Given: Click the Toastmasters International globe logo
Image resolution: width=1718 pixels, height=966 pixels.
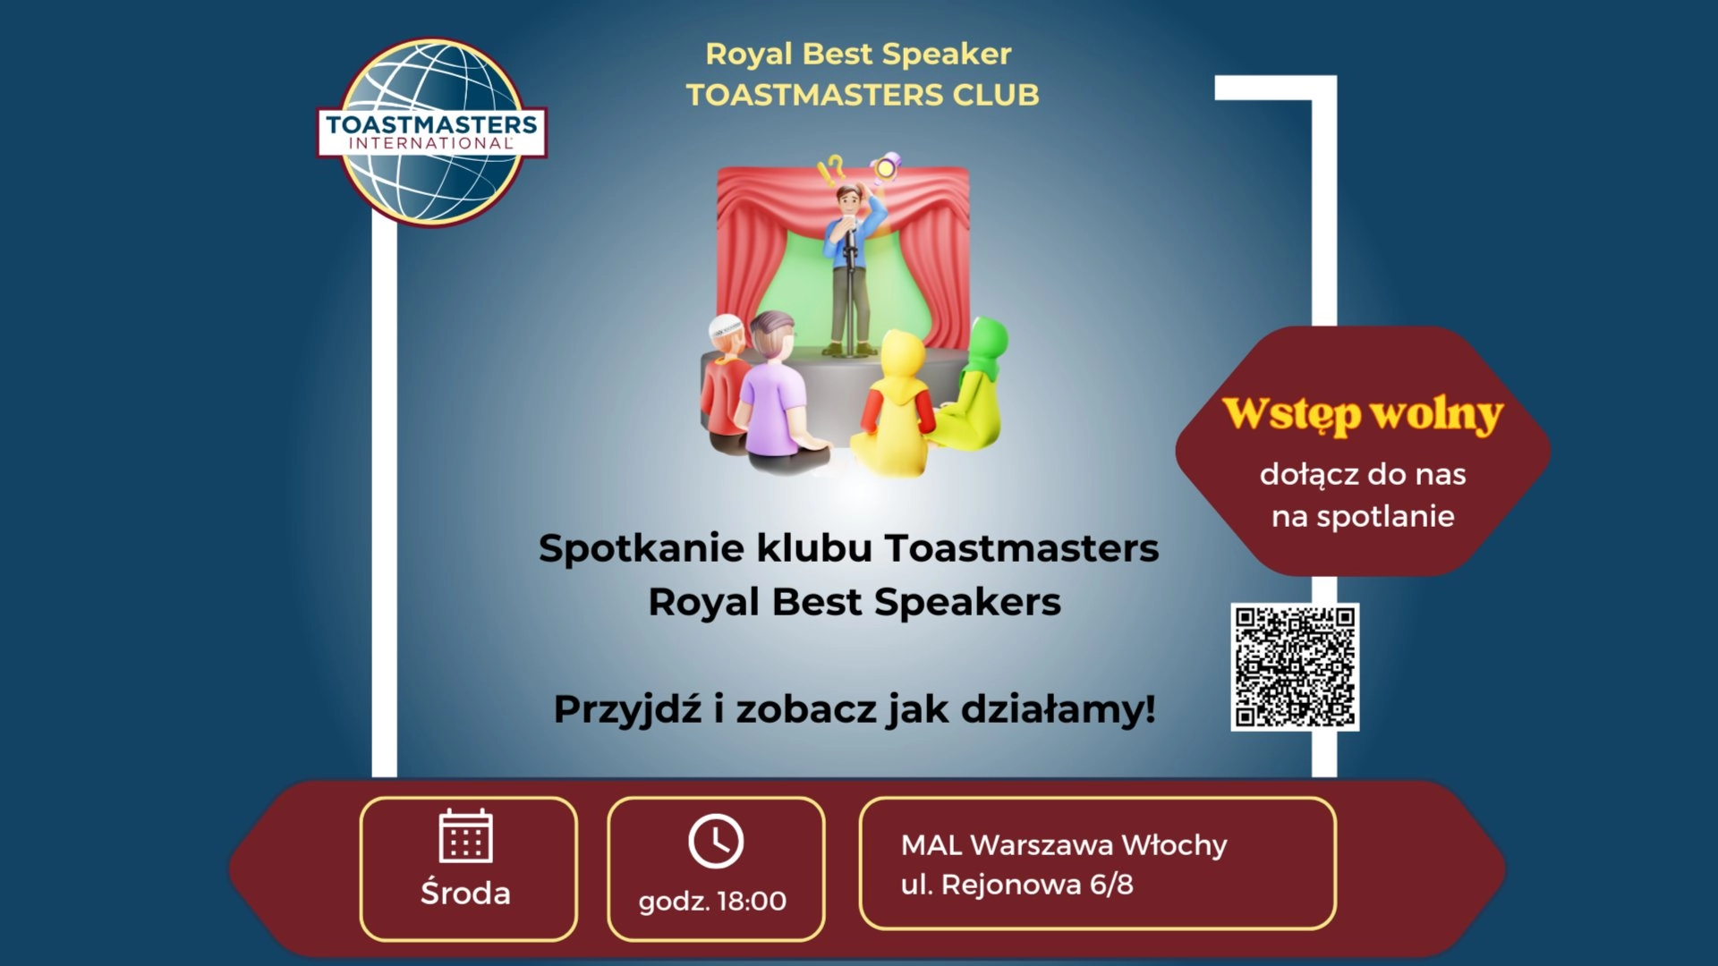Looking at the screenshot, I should [432, 131].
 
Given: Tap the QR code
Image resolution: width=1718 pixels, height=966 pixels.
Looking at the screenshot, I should [1295, 666].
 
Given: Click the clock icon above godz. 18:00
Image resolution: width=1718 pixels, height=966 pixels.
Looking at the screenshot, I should [716, 841].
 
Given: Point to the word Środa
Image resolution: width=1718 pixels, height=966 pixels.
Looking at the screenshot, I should [465, 893].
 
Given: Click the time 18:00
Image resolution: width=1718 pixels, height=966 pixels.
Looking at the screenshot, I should [751, 901].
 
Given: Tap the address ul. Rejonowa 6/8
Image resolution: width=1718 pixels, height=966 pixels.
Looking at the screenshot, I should [1016, 885].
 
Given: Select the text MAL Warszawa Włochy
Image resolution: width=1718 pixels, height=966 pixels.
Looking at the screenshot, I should [1063, 844].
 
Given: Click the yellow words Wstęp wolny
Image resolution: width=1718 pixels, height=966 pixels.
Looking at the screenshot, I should [1362, 414].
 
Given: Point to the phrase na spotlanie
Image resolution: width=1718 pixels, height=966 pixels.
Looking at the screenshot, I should [1362, 516].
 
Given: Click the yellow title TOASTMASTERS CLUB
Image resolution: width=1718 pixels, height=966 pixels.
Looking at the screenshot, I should [862, 95].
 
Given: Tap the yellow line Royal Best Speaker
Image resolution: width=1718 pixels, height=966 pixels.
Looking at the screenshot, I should [858, 54].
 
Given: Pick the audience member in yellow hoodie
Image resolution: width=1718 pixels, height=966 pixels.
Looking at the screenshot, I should [895, 402].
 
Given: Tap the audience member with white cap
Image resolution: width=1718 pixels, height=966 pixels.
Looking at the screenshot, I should [725, 376].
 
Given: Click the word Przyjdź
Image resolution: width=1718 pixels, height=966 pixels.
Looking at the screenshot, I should [627, 709].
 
